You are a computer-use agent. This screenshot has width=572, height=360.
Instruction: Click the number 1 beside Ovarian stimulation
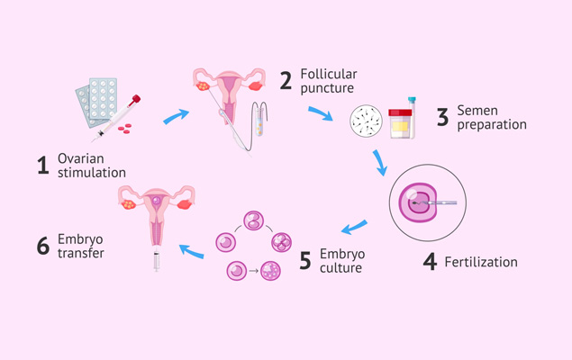[x=41, y=166]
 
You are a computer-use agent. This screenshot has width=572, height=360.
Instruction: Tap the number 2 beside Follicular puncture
[x=286, y=80]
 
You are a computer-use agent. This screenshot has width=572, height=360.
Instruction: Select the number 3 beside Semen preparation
[x=442, y=117]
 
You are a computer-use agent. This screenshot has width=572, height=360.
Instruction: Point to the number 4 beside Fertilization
[x=431, y=262]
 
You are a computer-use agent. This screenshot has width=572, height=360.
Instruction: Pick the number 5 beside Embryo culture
[x=304, y=260]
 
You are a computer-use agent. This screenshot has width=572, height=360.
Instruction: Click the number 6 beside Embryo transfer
[x=42, y=246]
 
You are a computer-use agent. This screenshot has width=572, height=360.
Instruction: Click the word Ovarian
[x=82, y=157]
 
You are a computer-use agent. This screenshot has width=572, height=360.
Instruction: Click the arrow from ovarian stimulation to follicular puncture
[x=177, y=115]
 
